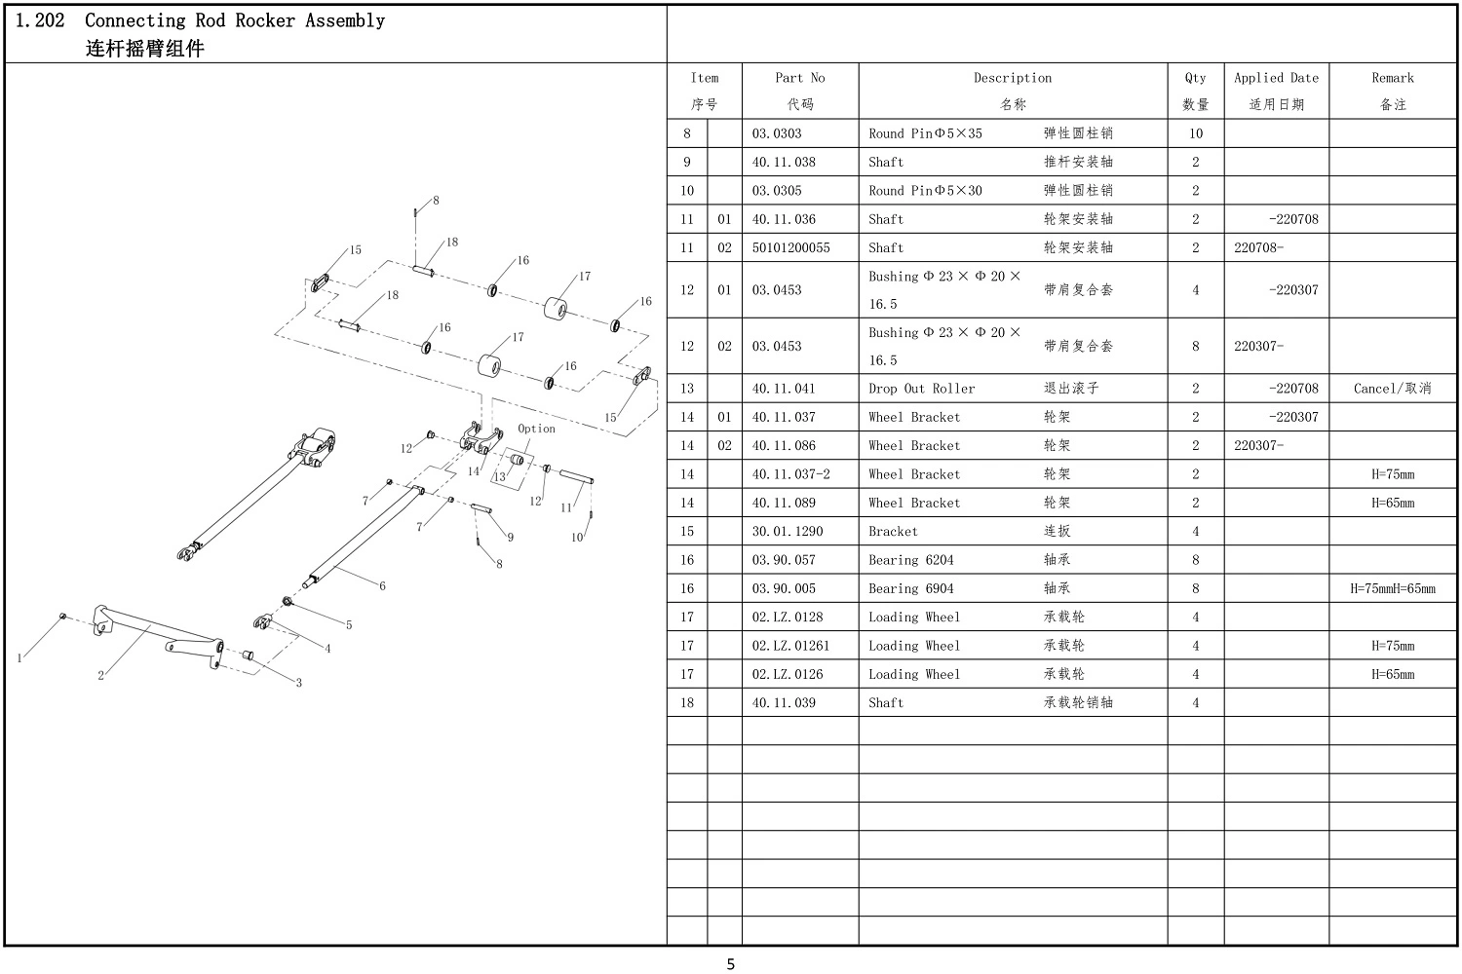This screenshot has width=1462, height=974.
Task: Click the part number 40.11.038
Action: point(784,162)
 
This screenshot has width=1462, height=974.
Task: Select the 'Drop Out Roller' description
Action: point(922,389)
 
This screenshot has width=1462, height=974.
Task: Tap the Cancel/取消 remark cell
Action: point(1392,389)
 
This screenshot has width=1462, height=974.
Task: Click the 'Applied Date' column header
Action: point(1276,78)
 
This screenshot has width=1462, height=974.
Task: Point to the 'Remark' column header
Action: point(1393,78)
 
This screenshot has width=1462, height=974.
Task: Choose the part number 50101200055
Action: point(790,248)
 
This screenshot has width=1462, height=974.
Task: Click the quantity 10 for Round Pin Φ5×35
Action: point(1195,133)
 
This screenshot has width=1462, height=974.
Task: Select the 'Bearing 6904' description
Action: point(910,588)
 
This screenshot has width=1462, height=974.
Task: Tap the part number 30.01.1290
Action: point(788,532)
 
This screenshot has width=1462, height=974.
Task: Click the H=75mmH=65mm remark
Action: point(1392,588)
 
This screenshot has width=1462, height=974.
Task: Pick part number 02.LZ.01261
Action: point(790,646)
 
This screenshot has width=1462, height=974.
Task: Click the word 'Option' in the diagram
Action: point(536,429)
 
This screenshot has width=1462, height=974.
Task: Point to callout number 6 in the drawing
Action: point(382,585)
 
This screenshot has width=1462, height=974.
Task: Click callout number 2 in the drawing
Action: point(100,676)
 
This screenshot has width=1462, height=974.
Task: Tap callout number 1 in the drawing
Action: point(19,658)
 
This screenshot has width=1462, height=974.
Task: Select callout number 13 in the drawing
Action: point(499,477)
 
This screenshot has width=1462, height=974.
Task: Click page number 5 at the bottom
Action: point(730,964)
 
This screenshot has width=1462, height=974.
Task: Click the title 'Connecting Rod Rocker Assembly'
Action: point(235,20)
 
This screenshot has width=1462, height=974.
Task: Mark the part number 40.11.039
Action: point(784,702)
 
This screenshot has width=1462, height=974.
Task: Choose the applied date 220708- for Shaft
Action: point(1258,248)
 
